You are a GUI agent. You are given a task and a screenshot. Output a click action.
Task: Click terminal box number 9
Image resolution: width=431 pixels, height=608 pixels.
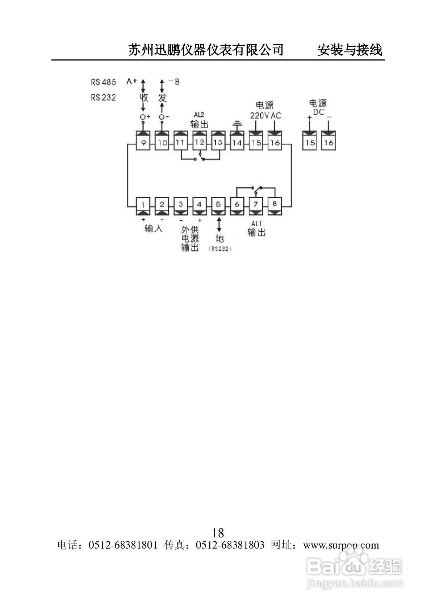[x=143, y=143]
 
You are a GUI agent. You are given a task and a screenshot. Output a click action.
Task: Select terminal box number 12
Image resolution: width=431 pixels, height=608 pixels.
[x=199, y=143]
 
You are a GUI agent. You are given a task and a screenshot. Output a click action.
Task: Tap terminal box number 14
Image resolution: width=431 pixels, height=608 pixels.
[x=237, y=143]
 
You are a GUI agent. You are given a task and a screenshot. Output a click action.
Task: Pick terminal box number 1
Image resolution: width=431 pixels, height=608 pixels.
[x=143, y=204]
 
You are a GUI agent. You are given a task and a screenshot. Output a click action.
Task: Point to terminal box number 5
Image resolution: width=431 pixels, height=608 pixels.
[x=218, y=204]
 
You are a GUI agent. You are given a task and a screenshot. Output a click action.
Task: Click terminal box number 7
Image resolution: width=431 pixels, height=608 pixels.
[x=256, y=204]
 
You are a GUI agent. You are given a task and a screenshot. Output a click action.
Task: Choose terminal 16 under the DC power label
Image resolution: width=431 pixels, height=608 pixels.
[x=329, y=143]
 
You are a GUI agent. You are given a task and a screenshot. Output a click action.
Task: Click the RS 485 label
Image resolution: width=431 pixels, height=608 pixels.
[x=104, y=82]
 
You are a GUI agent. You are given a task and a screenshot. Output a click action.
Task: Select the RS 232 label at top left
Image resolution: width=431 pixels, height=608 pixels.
[x=104, y=97]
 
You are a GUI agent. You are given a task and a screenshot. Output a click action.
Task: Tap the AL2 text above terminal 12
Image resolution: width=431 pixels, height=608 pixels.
[x=199, y=115]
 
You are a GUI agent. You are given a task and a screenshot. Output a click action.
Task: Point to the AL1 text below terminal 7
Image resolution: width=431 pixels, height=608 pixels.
[x=256, y=224]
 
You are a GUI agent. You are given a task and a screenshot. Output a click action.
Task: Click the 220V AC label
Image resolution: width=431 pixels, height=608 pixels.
[x=265, y=116]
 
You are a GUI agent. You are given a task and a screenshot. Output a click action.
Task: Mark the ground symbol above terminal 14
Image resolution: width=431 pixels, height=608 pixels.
[x=237, y=124]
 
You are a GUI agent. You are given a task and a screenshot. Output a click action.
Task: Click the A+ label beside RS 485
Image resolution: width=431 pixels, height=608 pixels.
[x=131, y=82]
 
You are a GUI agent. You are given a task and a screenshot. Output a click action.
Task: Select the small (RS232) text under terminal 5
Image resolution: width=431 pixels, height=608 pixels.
[x=220, y=249]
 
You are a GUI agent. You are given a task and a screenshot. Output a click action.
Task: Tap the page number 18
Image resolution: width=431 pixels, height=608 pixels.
[x=218, y=533]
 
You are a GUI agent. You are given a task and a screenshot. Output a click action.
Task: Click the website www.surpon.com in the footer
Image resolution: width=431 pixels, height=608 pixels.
[x=341, y=545]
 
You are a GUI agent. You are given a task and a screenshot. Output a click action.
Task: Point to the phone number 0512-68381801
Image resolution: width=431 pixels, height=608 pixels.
[x=123, y=545]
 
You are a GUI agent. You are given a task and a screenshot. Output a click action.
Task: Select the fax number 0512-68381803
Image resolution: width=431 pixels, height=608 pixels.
[x=230, y=545]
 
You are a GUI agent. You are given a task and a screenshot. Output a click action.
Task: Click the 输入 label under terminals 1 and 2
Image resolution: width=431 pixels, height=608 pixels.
[x=153, y=229]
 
